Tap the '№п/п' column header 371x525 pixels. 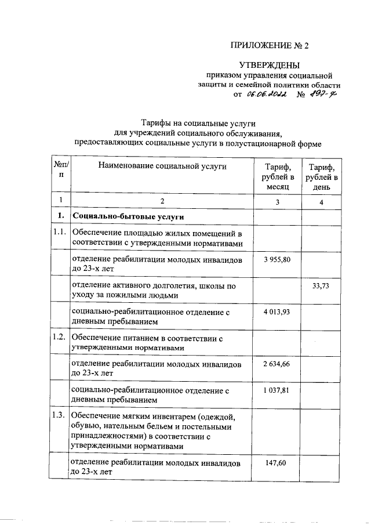coord(60,170)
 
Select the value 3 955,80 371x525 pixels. coord(277,259)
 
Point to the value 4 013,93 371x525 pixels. coord(277,312)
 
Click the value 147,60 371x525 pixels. coord(277,462)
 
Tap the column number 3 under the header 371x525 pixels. coord(277,201)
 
